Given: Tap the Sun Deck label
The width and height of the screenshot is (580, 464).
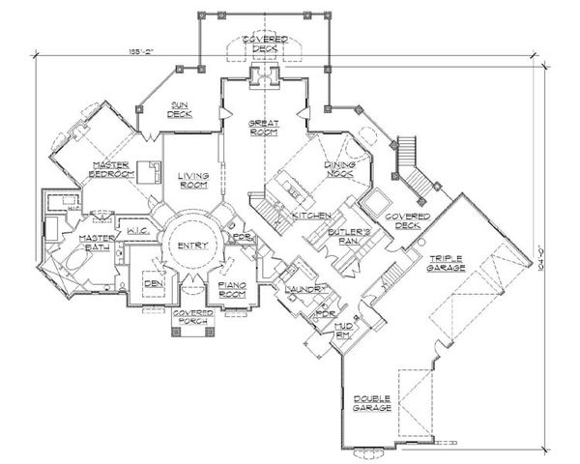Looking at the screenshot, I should click(x=181, y=108).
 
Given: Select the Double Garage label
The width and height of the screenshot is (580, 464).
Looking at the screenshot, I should click(x=372, y=405).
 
